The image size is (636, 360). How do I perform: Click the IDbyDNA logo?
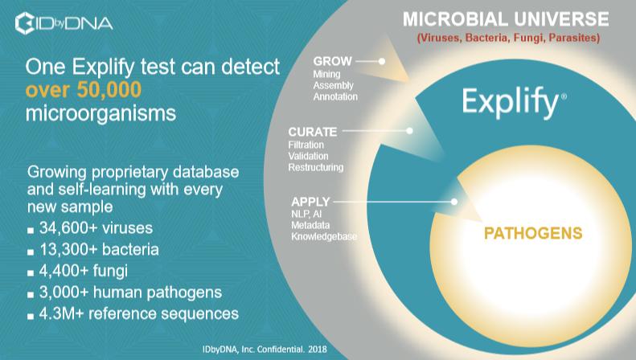(64, 23)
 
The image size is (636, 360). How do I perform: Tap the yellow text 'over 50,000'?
(84, 89)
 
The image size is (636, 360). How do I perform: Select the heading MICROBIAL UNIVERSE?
(506, 19)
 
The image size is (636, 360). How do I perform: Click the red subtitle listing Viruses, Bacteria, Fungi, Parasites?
(509, 38)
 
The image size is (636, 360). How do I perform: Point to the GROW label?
(332, 61)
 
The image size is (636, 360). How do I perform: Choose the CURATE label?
(312, 132)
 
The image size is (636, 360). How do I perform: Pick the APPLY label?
(310, 202)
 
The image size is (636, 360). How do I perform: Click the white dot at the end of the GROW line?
(382, 61)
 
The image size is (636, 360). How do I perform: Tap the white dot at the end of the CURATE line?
(410, 130)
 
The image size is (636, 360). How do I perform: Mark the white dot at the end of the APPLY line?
(454, 202)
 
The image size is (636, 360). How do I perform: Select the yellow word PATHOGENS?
(533, 233)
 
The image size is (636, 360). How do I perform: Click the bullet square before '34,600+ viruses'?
(31, 231)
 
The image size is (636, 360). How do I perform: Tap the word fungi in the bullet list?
(110, 271)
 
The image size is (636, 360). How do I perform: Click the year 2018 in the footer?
(317, 349)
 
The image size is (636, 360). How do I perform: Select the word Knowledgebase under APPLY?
(324, 237)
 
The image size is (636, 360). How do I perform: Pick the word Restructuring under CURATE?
(315, 167)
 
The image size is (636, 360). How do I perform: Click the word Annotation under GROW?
(335, 97)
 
